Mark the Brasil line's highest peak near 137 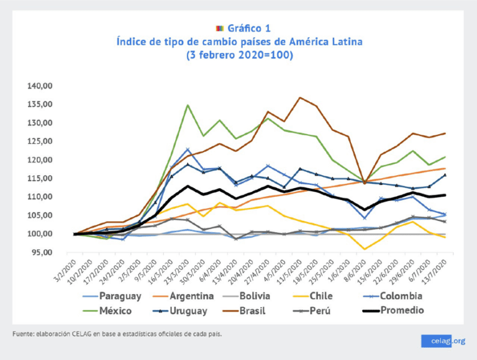pyautogui.click(x=300, y=97)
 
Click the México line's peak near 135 pyautogui.click(x=188, y=105)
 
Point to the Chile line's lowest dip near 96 pyautogui.click(x=365, y=249)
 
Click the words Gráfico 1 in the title pyautogui.click(x=248, y=28)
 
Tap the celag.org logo pyautogui.click(x=443, y=341)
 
